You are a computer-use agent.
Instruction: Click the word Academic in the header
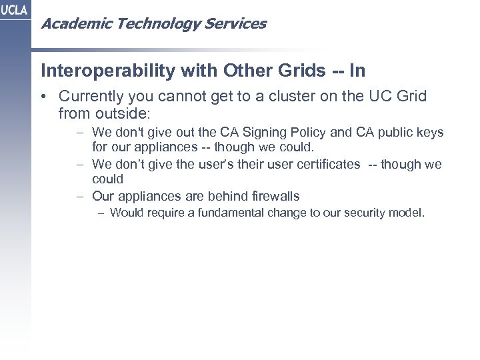[68, 24]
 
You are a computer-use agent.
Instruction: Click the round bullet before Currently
[44, 97]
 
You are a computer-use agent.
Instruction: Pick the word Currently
[90, 97]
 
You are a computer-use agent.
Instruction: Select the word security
[363, 213]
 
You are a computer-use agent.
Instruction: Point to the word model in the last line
[407, 213]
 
